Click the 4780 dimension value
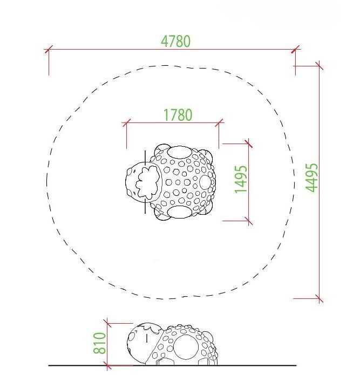click(175, 41)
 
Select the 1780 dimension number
click(178, 115)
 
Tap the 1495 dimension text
click(241, 179)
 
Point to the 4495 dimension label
click(311, 178)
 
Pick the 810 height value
click(99, 343)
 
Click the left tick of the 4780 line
click(49, 50)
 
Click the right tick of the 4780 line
click(295, 49)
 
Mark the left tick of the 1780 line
click(126, 123)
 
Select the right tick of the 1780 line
click(219, 122)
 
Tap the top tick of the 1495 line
click(249, 144)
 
